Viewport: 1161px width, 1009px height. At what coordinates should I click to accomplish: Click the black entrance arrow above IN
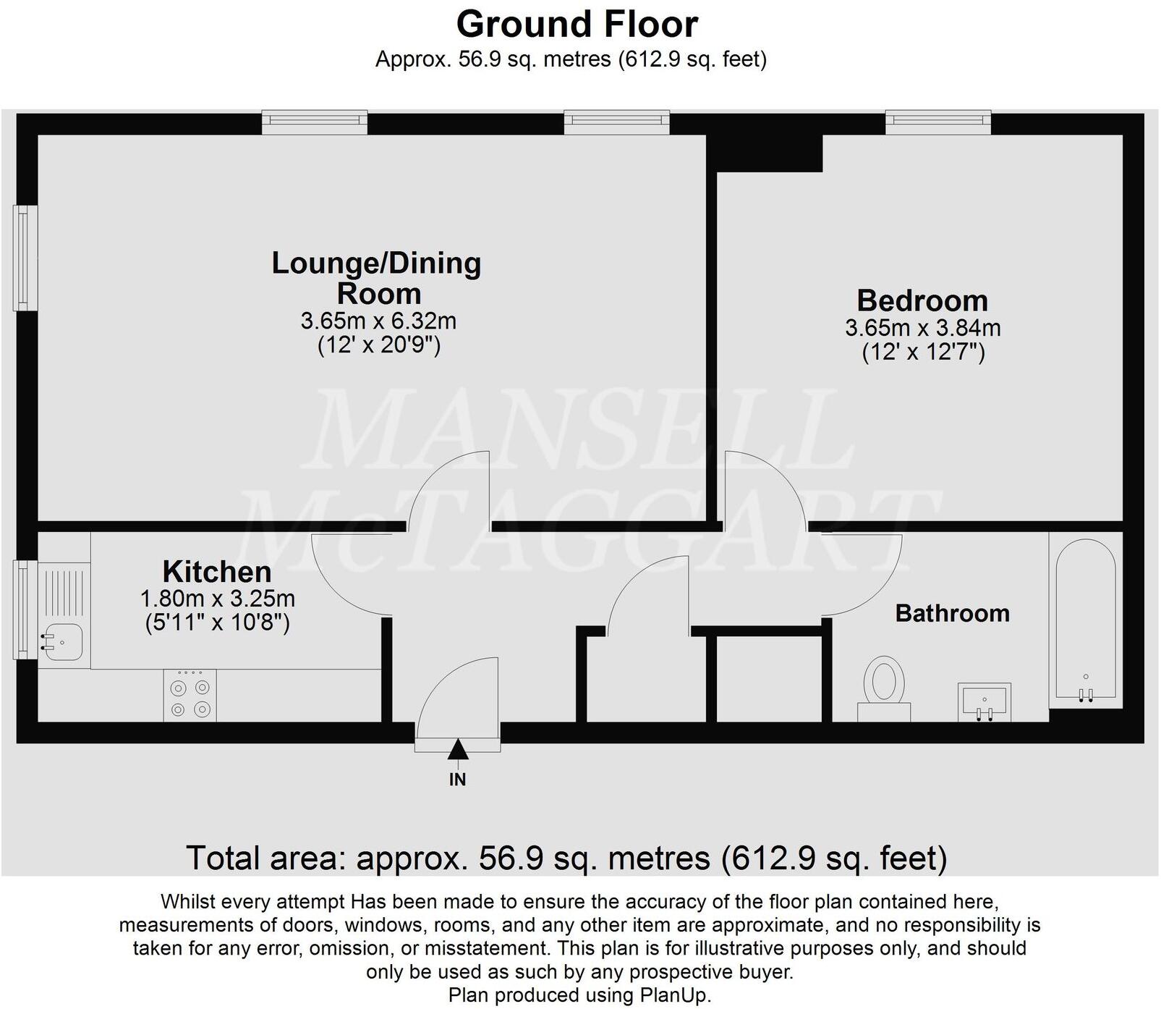coord(457,750)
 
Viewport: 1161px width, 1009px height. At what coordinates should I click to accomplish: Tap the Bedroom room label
coord(922,300)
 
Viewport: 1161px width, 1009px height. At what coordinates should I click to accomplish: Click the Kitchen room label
coord(217,572)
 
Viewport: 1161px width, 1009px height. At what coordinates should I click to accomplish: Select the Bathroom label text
coord(952,614)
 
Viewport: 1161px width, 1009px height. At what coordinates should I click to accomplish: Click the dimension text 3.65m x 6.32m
coord(378,321)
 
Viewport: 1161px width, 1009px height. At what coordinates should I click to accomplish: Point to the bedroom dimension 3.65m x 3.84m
coord(923,328)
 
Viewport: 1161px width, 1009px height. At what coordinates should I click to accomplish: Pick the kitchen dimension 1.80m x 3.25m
coord(217,599)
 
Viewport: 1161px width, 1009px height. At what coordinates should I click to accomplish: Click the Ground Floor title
coord(577,25)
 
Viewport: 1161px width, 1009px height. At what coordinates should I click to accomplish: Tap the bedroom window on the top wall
coord(937,122)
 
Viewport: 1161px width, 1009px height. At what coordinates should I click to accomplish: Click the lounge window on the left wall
coord(26,258)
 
